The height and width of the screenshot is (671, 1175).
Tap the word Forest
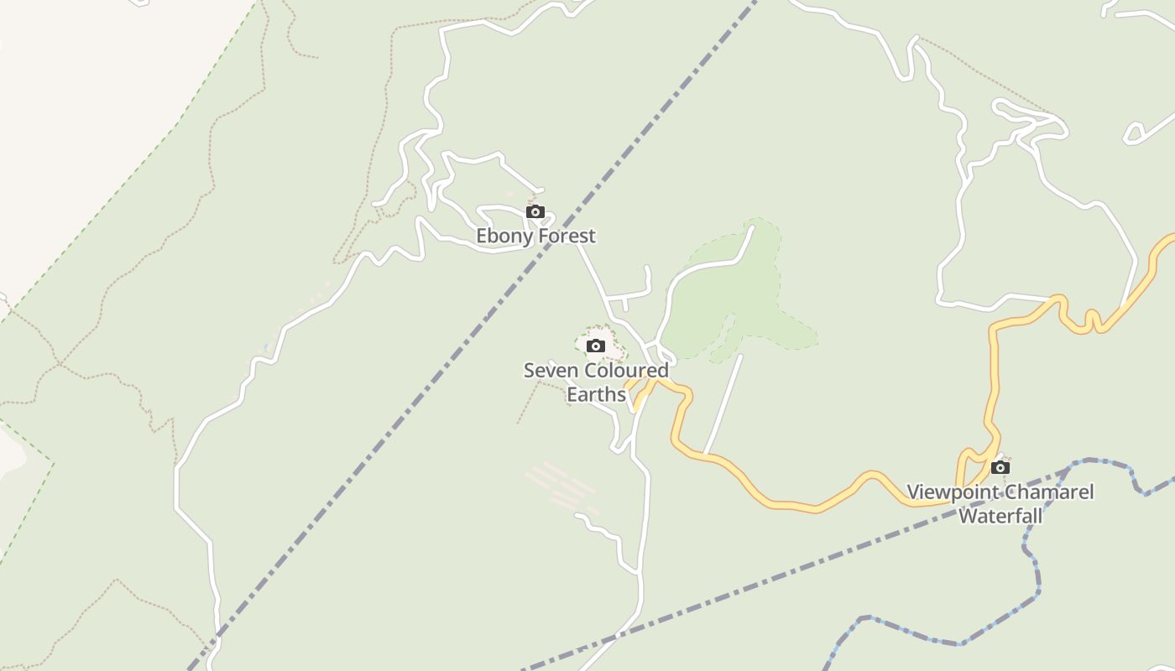[x=567, y=237]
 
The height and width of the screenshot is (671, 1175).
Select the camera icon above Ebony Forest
[x=535, y=211]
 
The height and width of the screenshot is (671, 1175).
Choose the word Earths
[x=596, y=394]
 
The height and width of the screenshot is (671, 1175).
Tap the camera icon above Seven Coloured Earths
[x=596, y=346]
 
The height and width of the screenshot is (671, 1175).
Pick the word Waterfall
[x=1000, y=516]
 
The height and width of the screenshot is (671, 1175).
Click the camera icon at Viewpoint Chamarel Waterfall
[x=1000, y=467]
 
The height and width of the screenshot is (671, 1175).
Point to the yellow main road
[x=781, y=504]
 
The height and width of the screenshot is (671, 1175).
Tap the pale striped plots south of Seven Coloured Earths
[x=561, y=486]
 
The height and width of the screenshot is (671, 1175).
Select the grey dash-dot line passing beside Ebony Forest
[x=470, y=335]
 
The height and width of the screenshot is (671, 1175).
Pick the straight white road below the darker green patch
[x=723, y=403]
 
